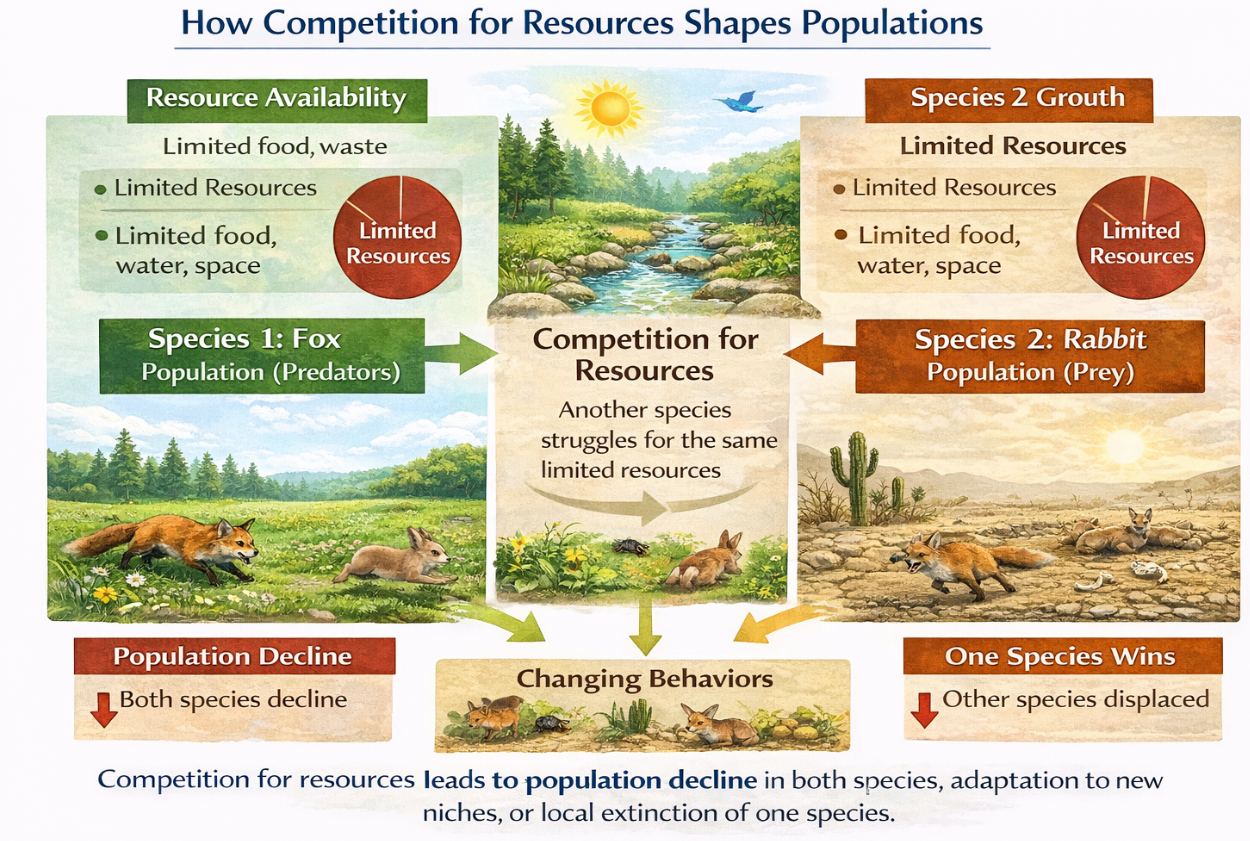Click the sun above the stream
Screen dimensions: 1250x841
(x=609, y=108)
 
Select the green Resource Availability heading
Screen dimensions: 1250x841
(x=277, y=99)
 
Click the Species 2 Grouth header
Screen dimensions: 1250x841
(x=1009, y=99)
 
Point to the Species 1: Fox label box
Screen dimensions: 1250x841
(x=262, y=356)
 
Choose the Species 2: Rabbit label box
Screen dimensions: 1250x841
(x=1030, y=356)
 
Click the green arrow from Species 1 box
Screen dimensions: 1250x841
(x=461, y=353)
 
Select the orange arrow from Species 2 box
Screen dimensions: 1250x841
(x=820, y=354)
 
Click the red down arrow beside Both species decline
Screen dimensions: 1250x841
(x=103, y=710)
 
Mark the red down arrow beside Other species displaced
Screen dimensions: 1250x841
(x=924, y=710)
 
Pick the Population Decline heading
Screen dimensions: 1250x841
(x=234, y=656)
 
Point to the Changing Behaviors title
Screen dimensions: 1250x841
(x=645, y=679)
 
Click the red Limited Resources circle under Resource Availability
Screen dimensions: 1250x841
(x=397, y=237)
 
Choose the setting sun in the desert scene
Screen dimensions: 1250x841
(x=1124, y=446)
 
